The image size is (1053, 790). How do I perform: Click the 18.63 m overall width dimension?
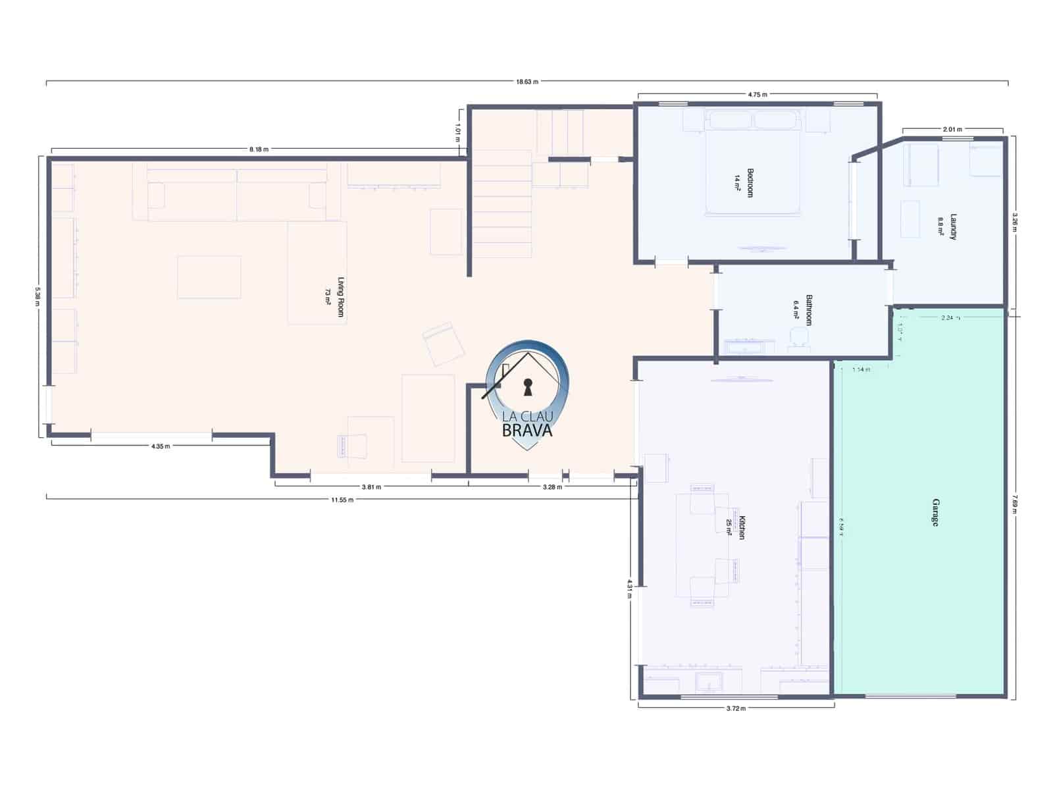[526, 82]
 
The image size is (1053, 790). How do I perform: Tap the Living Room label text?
[340, 296]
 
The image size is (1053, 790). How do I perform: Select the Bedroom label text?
[750, 182]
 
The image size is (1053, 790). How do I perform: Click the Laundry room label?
[952, 227]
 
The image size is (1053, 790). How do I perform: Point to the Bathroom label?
[809, 309]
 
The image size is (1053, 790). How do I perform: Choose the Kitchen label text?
[741, 527]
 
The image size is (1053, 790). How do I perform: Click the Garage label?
[935, 512]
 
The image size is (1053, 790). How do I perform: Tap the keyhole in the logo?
[527, 387]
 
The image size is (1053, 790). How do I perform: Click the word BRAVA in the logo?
[527, 431]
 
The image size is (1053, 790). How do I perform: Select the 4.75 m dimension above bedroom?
[757, 95]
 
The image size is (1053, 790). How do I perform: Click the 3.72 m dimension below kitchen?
[736, 708]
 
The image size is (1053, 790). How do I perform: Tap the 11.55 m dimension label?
[342, 500]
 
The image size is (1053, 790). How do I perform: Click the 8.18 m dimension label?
[259, 149]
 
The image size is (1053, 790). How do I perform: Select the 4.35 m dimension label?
[160, 446]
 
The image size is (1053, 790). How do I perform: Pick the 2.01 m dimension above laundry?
[952, 129]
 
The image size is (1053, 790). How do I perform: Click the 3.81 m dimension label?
[371, 487]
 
